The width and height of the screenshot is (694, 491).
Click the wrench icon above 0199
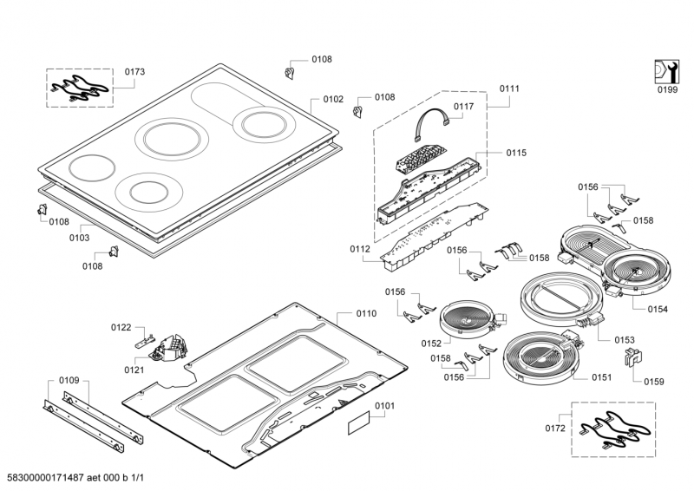click(x=665, y=70)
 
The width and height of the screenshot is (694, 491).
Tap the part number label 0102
click(x=333, y=100)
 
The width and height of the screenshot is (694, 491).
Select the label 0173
click(x=134, y=71)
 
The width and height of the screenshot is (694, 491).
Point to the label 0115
click(x=516, y=153)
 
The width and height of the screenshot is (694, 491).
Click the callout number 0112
click(x=361, y=249)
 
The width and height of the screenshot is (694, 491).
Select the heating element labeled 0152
click(x=468, y=318)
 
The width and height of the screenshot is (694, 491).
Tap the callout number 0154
click(x=657, y=307)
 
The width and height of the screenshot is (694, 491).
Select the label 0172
click(x=553, y=429)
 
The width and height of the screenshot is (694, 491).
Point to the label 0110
click(x=366, y=312)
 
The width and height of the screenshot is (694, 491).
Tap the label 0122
click(x=121, y=327)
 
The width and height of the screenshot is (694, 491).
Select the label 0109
click(x=69, y=380)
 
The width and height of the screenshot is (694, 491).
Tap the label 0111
click(x=509, y=89)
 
